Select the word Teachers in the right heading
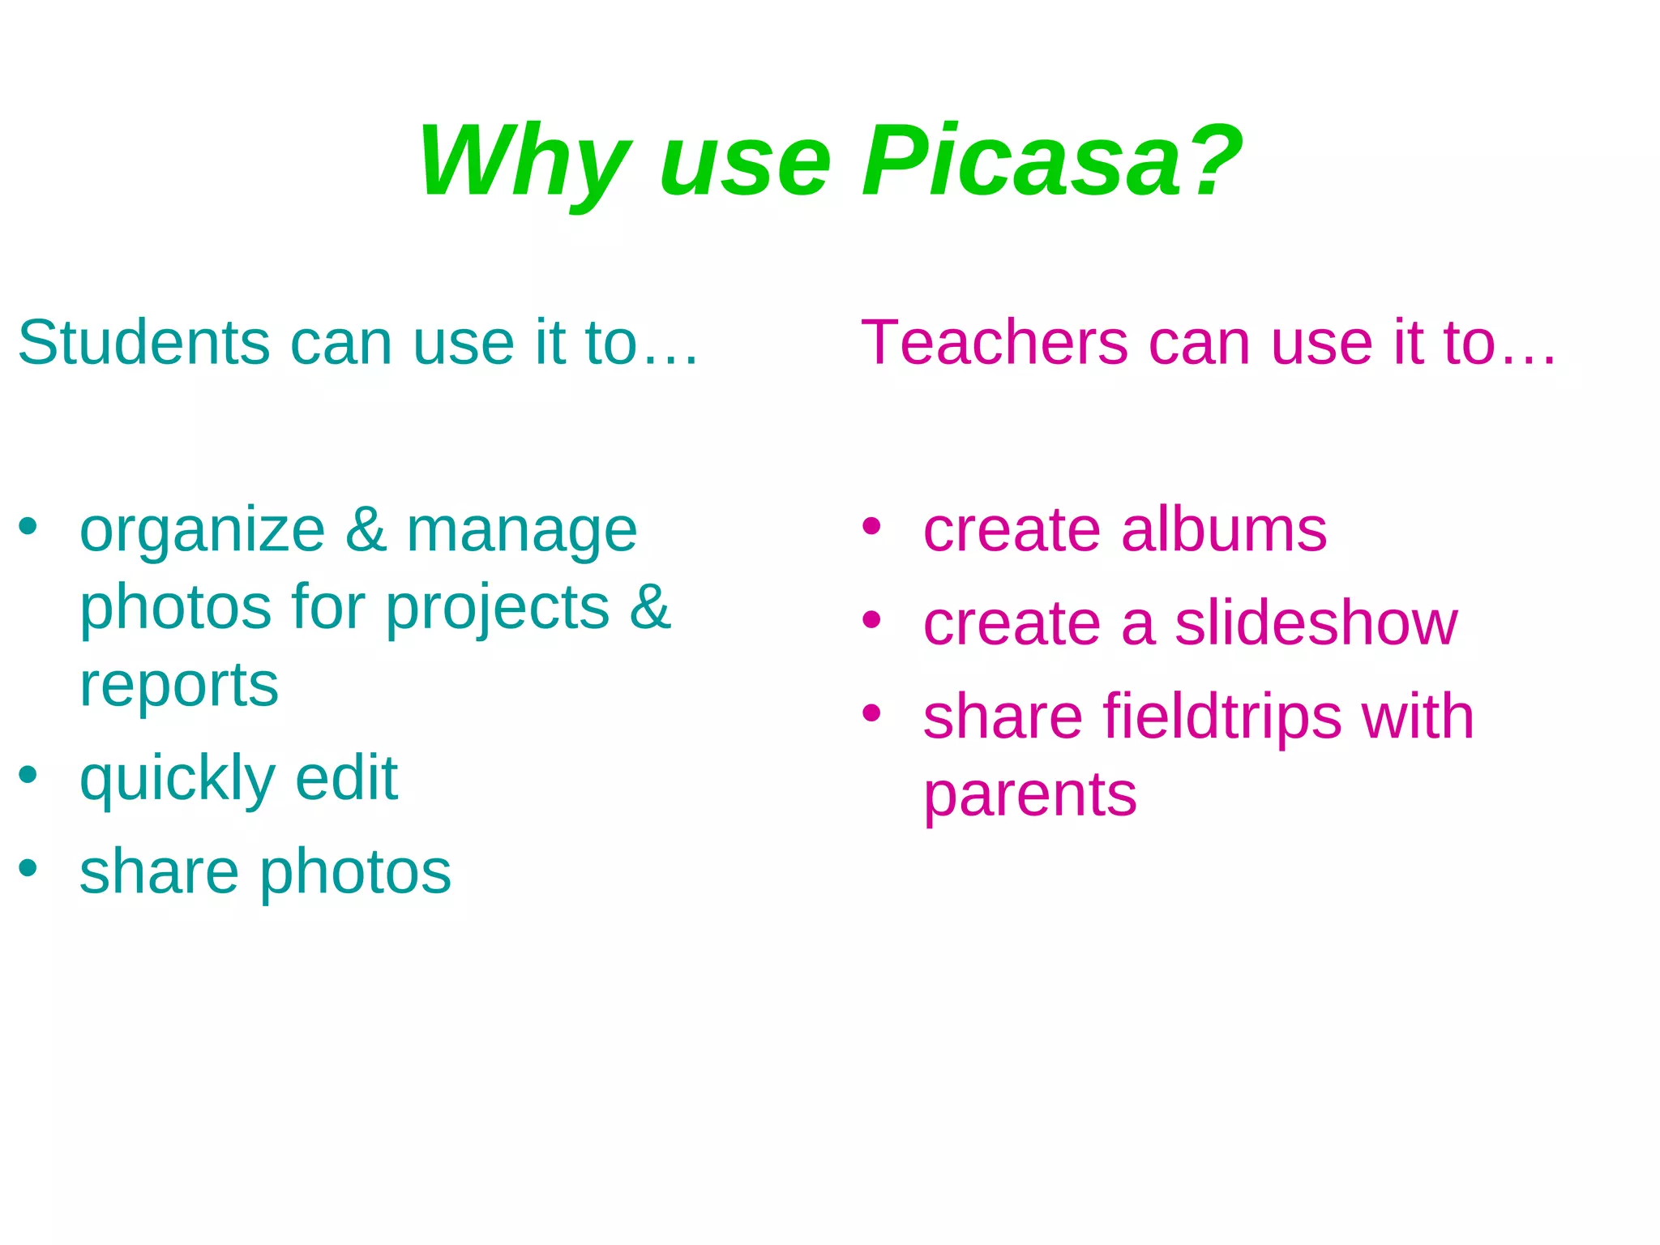pyautogui.click(x=994, y=343)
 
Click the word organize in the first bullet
pyautogui.click(x=203, y=532)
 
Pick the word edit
pyautogui.click(x=346, y=778)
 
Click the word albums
pyautogui.click(x=1224, y=530)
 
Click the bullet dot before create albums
pyautogui.click(x=871, y=527)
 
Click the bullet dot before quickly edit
pyautogui.click(x=28, y=775)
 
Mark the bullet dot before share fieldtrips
pyautogui.click(x=871, y=713)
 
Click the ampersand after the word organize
pyautogui.click(x=366, y=530)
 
